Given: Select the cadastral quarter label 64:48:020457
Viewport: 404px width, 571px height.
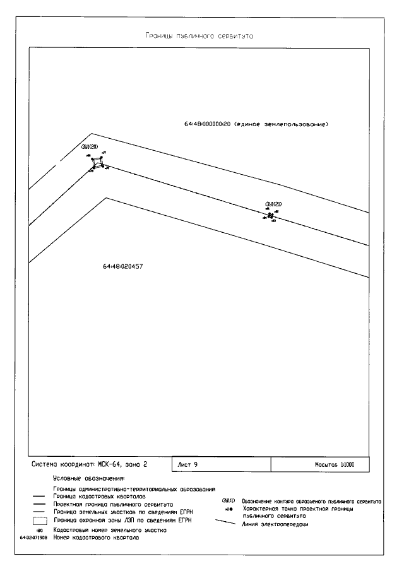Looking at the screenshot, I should [x=122, y=266].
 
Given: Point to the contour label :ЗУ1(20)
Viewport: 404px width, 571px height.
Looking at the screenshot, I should [x=89, y=148].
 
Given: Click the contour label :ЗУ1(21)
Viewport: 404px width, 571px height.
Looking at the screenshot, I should [x=273, y=203].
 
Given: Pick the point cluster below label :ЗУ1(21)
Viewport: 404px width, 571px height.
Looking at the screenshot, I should [x=270, y=216].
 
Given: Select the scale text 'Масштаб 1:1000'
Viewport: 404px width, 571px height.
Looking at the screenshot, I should [x=334, y=464].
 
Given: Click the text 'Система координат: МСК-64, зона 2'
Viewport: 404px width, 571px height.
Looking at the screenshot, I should [x=89, y=464].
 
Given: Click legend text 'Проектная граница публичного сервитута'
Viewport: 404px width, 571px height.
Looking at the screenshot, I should [x=113, y=505].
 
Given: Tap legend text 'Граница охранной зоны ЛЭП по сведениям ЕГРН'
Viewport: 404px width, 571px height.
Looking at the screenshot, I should [x=122, y=521].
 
